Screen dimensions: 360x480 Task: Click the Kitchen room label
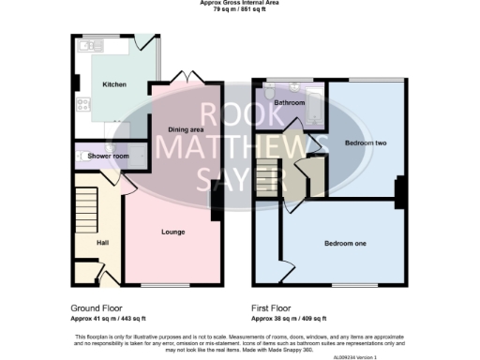(x=113, y=84)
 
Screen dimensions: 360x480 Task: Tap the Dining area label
(x=186, y=129)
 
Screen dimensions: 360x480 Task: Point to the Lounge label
(x=172, y=232)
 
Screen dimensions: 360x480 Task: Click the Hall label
(x=103, y=243)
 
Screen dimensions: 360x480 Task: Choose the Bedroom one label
(x=345, y=244)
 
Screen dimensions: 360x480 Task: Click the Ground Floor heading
(x=97, y=307)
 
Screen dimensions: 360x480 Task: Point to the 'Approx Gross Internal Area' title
(x=240, y=3)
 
